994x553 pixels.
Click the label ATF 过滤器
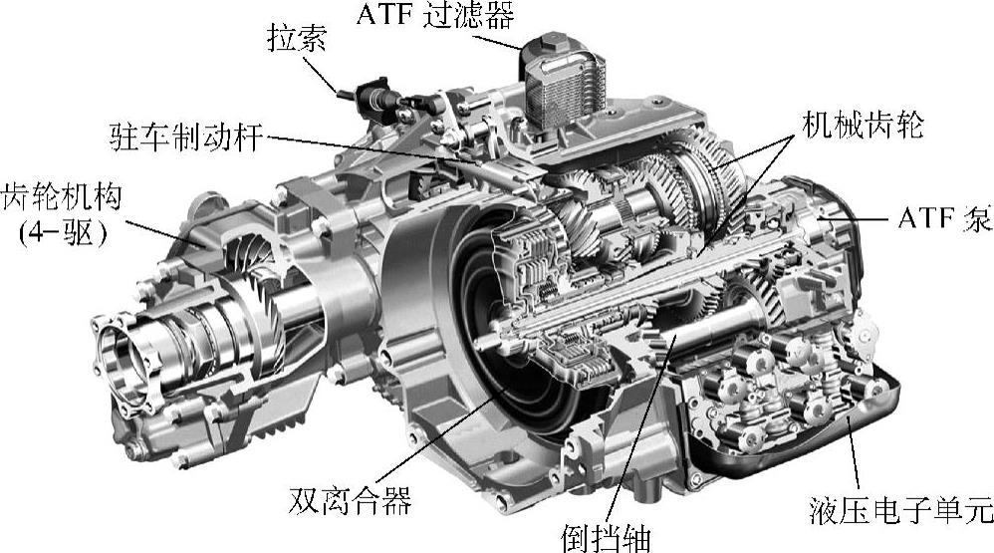[x=435, y=15]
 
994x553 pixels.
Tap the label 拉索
[x=297, y=38]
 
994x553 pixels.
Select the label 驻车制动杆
[x=185, y=136]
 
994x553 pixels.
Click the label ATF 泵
[x=944, y=219]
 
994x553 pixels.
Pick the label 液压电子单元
[x=901, y=509]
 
